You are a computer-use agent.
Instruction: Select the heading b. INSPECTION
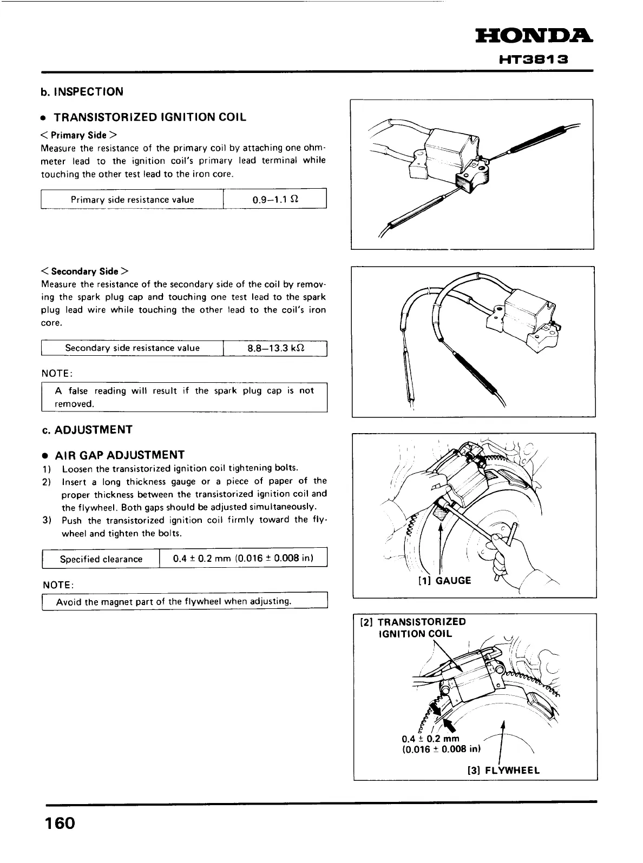click(82, 91)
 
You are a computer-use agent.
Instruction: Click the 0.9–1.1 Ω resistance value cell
click(275, 200)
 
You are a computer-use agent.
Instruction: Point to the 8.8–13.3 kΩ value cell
click(275, 348)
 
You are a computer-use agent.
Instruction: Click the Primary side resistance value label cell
click(132, 200)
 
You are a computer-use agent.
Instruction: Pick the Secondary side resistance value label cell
click(132, 348)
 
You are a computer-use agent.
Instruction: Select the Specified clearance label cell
click(101, 559)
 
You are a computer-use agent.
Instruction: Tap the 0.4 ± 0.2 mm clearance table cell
click(243, 559)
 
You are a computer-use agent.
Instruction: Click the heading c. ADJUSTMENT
click(87, 430)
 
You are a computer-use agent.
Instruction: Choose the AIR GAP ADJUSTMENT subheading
click(120, 455)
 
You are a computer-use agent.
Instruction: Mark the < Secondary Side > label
click(84, 271)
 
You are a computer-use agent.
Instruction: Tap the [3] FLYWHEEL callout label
click(503, 771)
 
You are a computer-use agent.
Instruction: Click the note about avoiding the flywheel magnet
click(174, 601)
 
